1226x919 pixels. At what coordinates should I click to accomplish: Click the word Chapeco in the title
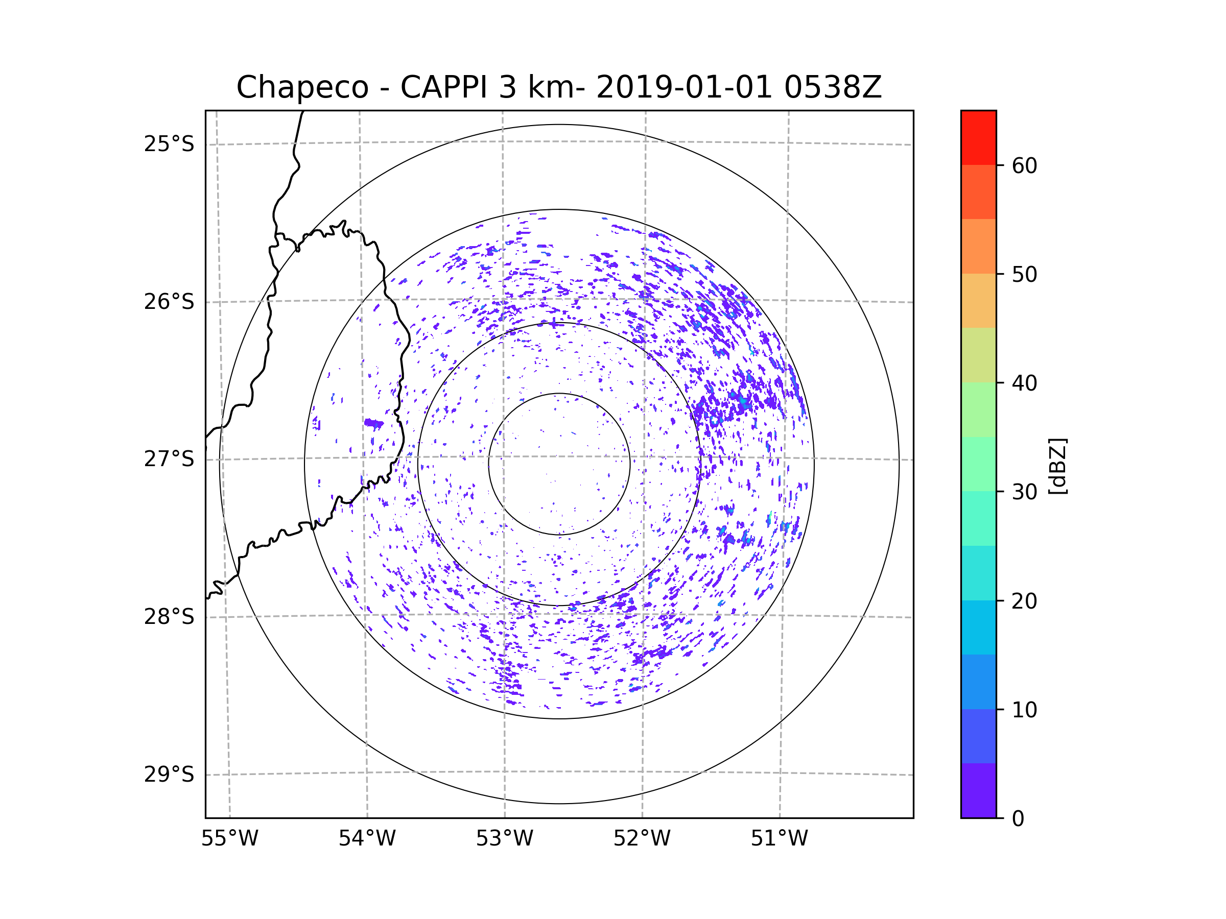pyautogui.click(x=302, y=87)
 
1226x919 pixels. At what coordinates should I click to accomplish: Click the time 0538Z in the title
pyautogui.click(x=833, y=87)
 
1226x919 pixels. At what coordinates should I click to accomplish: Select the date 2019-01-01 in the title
pyautogui.click(x=684, y=87)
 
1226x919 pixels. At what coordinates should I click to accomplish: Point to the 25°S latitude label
pyautogui.click(x=169, y=144)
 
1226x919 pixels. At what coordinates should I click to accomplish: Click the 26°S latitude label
pyautogui.click(x=169, y=302)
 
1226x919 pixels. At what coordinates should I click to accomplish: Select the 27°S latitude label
pyautogui.click(x=169, y=459)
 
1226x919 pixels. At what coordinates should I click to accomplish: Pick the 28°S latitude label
pyautogui.click(x=169, y=617)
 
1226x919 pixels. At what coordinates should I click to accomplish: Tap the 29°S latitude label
pyautogui.click(x=169, y=775)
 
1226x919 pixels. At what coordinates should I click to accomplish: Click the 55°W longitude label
pyautogui.click(x=229, y=839)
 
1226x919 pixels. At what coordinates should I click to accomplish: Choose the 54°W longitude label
pyautogui.click(x=367, y=839)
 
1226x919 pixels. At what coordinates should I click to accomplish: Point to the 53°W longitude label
pyautogui.click(x=504, y=839)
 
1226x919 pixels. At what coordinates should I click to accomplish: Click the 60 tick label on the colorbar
pyautogui.click(x=1024, y=165)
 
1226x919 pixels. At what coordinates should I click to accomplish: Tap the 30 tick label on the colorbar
pyautogui.click(x=1024, y=492)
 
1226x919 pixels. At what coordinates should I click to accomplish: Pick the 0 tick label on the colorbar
pyautogui.click(x=1018, y=819)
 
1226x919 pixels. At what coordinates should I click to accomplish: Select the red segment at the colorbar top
pyautogui.click(x=978, y=137)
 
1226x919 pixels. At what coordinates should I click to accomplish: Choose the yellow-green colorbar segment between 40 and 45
pyautogui.click(x=978, y=355)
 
